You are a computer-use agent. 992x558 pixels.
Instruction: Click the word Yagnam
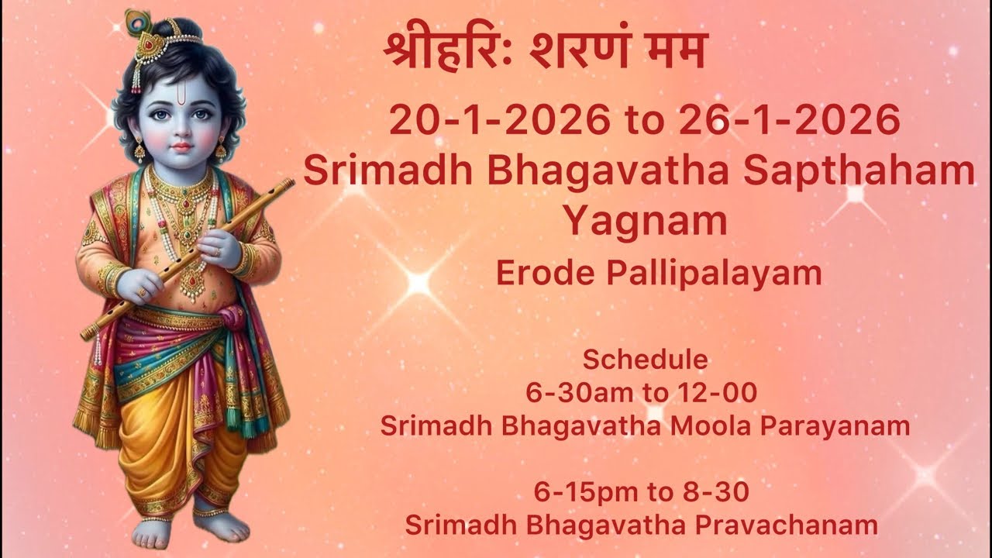point(645,222)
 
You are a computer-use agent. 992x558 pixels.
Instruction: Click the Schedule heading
point(645,360)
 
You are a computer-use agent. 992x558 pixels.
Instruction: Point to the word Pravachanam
point(790,525)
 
